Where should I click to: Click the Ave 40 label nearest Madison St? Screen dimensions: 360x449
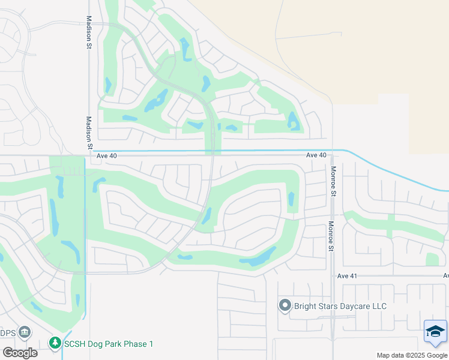pos(106,156)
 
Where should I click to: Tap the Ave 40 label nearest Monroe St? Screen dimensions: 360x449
pos(316,155)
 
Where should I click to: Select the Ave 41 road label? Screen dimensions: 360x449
pos(347,276)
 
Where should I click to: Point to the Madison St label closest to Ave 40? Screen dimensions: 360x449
pos(89,133)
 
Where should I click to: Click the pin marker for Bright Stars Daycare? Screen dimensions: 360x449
pos(285,306)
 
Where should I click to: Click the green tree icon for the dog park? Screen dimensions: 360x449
pos(55,343)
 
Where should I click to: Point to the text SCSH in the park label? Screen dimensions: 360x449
pos(76,344)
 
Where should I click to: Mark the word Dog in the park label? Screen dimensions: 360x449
pos(98,344)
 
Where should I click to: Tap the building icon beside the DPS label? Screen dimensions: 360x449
pos(25,331)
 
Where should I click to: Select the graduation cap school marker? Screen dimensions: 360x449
pos(435,332)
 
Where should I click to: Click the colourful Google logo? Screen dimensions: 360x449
pos(20,353)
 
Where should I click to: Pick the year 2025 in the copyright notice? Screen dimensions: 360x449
pos(416,355)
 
